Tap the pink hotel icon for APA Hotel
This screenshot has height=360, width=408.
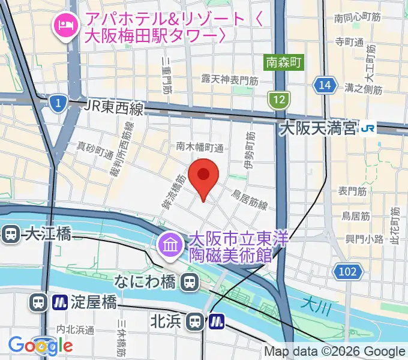tap(64, 25)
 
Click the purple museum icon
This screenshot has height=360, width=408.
tap(169, 245)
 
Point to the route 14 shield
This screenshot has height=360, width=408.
tap(325, 85)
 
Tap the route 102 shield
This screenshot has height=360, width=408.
tap(347, 271)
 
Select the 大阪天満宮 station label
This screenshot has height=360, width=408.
tap(318, 128)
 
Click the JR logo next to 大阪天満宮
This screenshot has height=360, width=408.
tap(367, 128)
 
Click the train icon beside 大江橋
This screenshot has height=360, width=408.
tap(10, 234)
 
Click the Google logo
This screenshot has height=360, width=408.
tap(40, 345)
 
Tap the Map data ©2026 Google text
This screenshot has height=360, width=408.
tap(335, 352)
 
